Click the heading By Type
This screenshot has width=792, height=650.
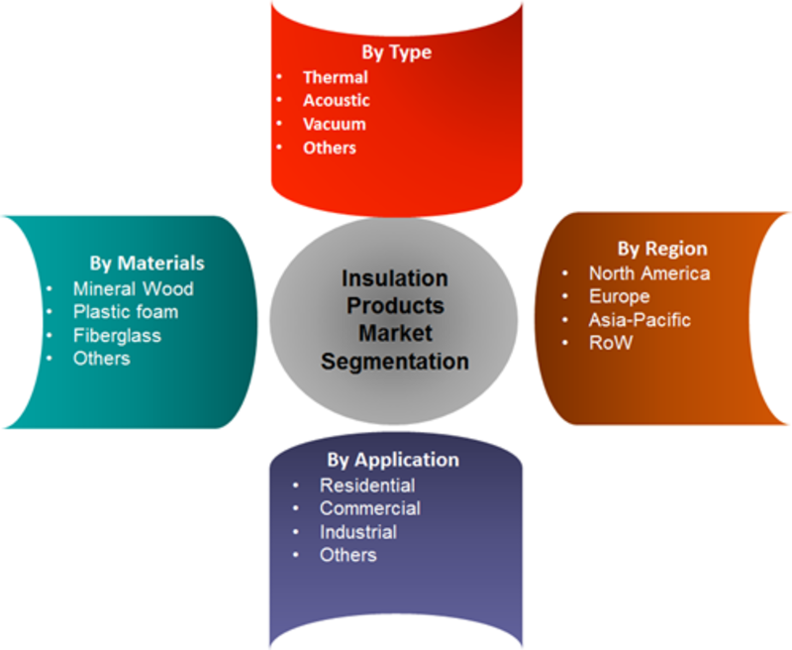pyautogui.click(x=397, y=53)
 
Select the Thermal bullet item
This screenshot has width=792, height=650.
pyautogui.click(x=336, y=77)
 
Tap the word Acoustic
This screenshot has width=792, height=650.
pyautogui.click(x=337, y=101)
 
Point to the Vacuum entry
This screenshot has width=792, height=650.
pyautogui.click(x=335, y=124)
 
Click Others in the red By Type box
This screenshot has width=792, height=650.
pyautogui.click(x=330, y=148)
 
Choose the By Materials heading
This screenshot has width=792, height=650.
pyautogui.click(x=147, y=264)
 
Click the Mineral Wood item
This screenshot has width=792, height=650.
pyautogui.click(x=134, y=288)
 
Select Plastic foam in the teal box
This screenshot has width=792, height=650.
pyautogui.click(x=126, y=312)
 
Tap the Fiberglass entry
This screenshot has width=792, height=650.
pyautogui.click(x=117, y=336)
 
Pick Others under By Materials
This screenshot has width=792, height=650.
pyautogui.click(x=102, y=359)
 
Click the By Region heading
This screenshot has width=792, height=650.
pyautogui.click(x=662, y=249)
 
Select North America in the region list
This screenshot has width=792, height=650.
pyautogui.click(x=649, y=273)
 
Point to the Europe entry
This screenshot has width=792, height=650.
pyautogui.click(x=620, y=296)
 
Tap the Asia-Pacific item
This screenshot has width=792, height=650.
pyautogui.click(x=640, y=320)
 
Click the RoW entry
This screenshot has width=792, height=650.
pyautogui.click(x=611, y=343)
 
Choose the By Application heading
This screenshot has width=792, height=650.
pyautogui.click(x=393, y=460)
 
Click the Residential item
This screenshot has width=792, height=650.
pyautogui.click(x=367, y=486)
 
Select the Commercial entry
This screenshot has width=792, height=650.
pyautogui.click(x=370, y=508)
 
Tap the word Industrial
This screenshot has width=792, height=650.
pyautogui.click(x=358, y=532)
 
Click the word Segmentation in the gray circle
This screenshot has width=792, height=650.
pyautogui.click(x=395, y=362)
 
